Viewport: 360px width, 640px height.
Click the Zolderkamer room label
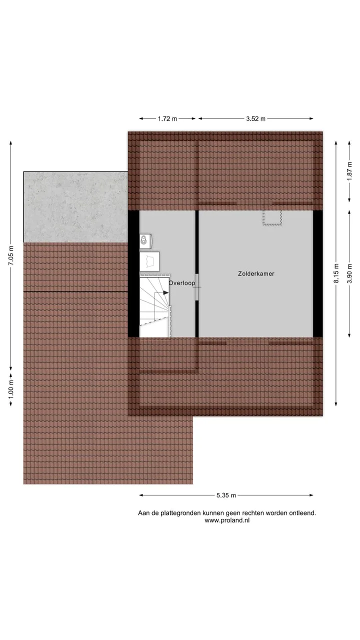pyautogui.click(x=256, y=273)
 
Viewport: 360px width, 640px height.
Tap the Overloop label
pyautogui.click(x=182, y=283)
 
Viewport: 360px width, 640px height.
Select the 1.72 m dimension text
pyautogui.click(x=167, y=118)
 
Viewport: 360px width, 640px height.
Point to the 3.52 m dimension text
pyautogui.click(x=255, y=118)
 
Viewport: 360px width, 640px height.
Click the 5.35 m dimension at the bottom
pyautogui.click(x=226, y=495)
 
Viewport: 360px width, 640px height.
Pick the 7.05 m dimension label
pyautogui.click(x=11, y=255)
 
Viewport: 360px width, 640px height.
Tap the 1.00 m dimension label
pyautogui.click(x=11, y=389)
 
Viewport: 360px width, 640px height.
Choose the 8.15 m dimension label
pyautogui.click(x=336, y=273)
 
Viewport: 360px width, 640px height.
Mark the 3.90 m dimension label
pyautogui.click(x=349, y=273)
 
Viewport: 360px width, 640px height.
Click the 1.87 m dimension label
pyautogui.click(x=349, y=171)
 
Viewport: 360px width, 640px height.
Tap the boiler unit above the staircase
pyautogui.click(x=145, y=240)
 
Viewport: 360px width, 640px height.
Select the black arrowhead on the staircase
pyautogui.click(x=165, y=293)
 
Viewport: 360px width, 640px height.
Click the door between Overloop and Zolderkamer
pyautogui.click(x=197, y=287)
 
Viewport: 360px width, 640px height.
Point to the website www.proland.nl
pyautogui.click(x=227, y=520)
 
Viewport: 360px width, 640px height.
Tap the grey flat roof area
pyautogui.click(x=75, y=207)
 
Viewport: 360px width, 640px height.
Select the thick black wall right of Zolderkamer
pyautogui.click(x=318, y=273)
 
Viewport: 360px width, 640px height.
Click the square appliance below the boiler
pyautogui.click(x=149, y=261)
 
